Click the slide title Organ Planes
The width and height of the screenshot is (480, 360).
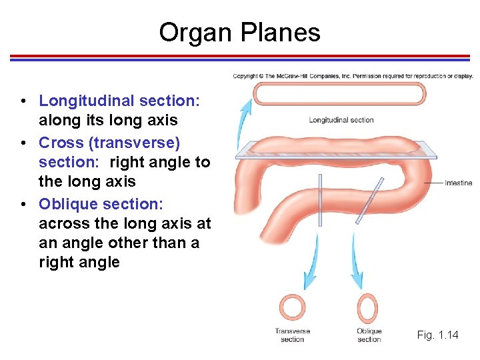[x=239, y=32]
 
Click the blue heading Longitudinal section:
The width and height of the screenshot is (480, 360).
[x=119, y=101]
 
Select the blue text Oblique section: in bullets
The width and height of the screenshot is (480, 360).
[x=101, y=203]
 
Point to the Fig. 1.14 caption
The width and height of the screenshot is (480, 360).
[x=437, y=335]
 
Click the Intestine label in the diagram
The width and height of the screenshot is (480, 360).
[x=458, y=183]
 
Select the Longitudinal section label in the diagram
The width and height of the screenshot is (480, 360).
[x=341, y=120]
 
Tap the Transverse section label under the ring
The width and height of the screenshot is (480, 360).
[x=292, y=335]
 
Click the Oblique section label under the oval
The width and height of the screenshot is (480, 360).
[x=369, y=335]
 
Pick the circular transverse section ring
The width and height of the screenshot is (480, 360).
[x=292, y=308]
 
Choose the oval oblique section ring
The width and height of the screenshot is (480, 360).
[x=367, y=308]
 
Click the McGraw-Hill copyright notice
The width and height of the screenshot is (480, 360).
[x=352, y=76]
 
